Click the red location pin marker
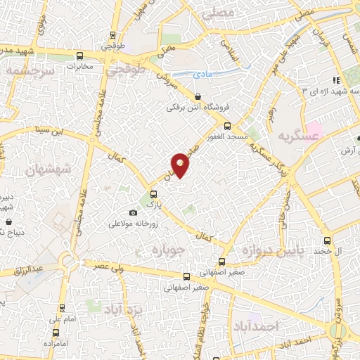tap(180, 165)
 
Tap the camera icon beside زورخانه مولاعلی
tap(134, 213)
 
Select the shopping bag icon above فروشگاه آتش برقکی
tap(198, 97)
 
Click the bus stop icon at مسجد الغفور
tap(226, 127)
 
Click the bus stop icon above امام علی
tap(63, 308)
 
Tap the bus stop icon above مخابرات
tap(79, 56)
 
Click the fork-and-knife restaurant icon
tap(337, 79)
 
